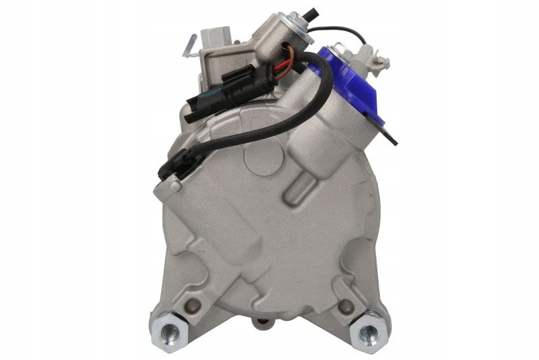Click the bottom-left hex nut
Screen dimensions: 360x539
point(171,332)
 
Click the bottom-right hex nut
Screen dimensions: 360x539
point(369,332)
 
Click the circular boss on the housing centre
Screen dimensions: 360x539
point(260,162)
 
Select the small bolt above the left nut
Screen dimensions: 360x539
point(195,305)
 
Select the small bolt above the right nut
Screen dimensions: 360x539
point(346,305)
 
